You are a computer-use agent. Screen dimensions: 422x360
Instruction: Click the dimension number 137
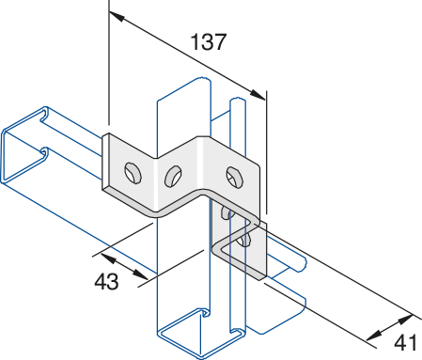(208, 42)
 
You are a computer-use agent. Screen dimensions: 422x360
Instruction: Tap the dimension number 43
(106, 281)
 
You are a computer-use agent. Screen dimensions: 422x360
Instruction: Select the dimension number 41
(405, 342)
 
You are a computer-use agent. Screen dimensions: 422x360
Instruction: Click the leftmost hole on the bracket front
(133, 173)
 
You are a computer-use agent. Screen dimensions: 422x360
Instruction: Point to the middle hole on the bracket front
(173, 177)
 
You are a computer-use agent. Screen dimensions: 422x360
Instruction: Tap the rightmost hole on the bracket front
(235, 178)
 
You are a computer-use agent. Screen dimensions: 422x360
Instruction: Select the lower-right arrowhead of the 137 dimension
(258, 94)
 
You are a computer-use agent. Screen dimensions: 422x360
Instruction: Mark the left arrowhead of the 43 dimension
(107, 258)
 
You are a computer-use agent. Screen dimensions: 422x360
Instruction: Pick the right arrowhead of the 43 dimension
(140, 274)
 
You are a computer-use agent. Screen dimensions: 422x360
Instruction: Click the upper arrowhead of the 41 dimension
(406, 320)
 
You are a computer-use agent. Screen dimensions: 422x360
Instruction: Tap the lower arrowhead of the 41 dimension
(374, 336)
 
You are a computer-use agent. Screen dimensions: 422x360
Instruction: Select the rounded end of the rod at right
(303, 263)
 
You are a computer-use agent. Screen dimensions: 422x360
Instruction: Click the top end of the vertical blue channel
(184, 88)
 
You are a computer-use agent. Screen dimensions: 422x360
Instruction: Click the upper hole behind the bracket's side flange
(227, 212)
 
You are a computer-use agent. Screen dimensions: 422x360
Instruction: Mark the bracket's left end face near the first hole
(106, 163)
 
